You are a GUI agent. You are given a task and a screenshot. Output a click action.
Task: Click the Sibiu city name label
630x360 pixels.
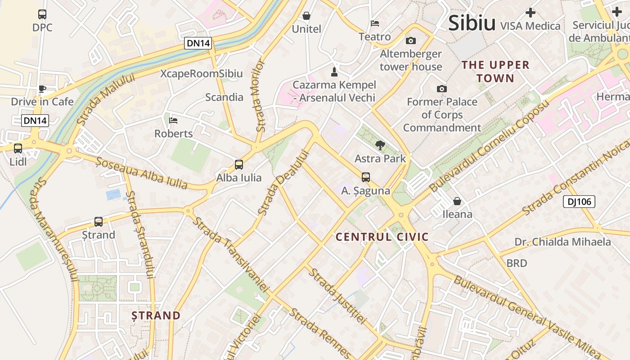click(x=472, y=23)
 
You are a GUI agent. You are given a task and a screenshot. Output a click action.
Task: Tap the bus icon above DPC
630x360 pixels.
click(x=42, y=14)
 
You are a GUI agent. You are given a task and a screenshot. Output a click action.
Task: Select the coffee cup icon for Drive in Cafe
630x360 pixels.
click(x=42, y=89)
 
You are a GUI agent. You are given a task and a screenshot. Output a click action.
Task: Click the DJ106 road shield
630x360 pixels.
click(x=579, y=202)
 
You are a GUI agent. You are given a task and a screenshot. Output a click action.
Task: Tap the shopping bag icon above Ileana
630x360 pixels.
click(x=457, y=201)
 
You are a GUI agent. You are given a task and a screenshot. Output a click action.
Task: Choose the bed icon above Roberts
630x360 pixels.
click(x=173, y=121)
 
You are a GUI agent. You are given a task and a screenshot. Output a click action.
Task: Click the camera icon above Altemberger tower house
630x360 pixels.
click(x=410, y=41)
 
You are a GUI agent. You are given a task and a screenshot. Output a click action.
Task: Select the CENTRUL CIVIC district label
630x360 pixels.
click(x=382, y=237)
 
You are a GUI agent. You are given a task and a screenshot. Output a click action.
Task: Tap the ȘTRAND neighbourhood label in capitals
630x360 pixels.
click(x=156, y=315)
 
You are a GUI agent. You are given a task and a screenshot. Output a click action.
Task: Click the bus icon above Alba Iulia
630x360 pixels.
click(x=239, y=165)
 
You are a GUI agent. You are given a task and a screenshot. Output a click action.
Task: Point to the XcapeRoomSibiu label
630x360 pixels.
click(x=202, y=74)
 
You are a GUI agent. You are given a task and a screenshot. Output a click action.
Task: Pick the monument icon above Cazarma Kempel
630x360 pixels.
click(x=334, y=72)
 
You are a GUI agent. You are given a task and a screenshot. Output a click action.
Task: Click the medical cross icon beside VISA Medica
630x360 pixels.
click(x=531, y=13)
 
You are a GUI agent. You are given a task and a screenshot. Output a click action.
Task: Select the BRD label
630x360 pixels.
click(x=517, y=263)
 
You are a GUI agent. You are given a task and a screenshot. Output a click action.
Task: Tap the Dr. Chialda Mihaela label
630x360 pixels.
click(x=562, y=242)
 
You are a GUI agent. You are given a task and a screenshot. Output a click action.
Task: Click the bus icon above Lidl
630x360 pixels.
click(x=18, y=148)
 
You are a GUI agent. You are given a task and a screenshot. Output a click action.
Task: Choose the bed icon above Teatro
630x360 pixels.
click(x=375, y=23)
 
